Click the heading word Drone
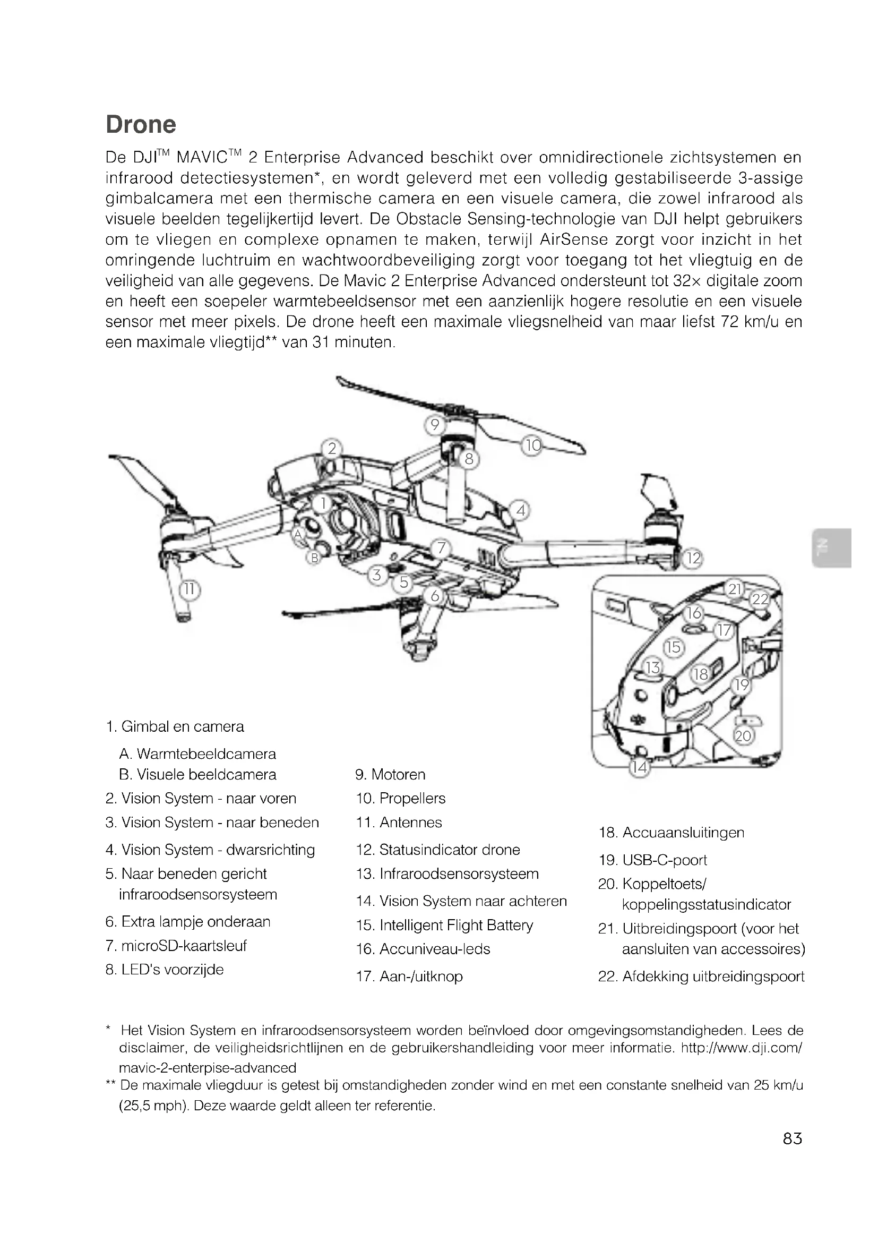(x=141, y=124)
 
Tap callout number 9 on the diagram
(x=434, y=425)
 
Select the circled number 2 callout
(x=332, y=448)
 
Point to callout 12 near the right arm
(x=693, y=558)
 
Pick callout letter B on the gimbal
(x=314, y=558)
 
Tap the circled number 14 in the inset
(x=640, y=767)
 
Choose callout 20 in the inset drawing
(x=743, y=735)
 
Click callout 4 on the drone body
(x=521, y=510)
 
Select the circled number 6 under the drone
(x=435, y=596)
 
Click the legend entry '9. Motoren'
(x=390, y=775)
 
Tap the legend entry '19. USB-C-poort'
(x=652, y=860)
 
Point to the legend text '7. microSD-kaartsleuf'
(x=176, y=946)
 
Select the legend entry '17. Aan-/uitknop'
(x=409, y=977)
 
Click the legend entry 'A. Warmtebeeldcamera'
(x=197, y=754)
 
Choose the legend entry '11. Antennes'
(x=399, y=822)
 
